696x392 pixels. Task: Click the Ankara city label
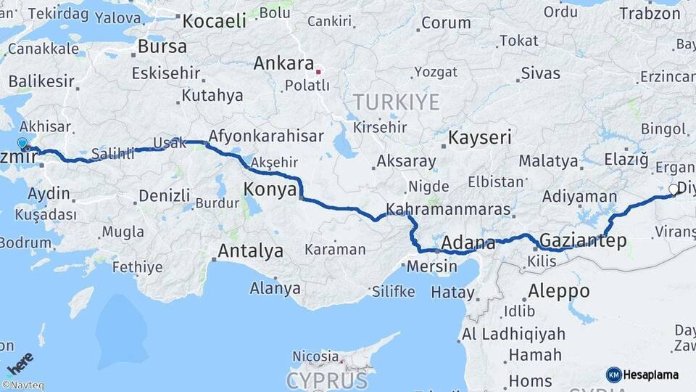click(x=283, y=63)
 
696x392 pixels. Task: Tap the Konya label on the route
click(x=270, y=189)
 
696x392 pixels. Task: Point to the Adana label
click(x=468, y=242)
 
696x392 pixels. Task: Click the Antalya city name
click(x=250, y=251)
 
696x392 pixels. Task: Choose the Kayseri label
click(x=479, y=137)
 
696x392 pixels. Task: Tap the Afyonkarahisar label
click(x=265, y=136)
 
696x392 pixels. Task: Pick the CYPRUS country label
click(x=326, y=380)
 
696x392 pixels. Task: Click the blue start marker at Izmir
click(x=22, y=144)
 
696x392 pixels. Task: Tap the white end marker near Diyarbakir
click(x=674, y=189)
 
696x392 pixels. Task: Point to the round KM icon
click(x=613, y=375)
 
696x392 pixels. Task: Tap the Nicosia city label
click(x=315, y=356)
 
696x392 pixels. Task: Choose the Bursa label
click(x=162, y=46)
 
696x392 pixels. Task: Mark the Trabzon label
click(x=650, y=13)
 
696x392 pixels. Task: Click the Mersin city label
click(x=432, y=266)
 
